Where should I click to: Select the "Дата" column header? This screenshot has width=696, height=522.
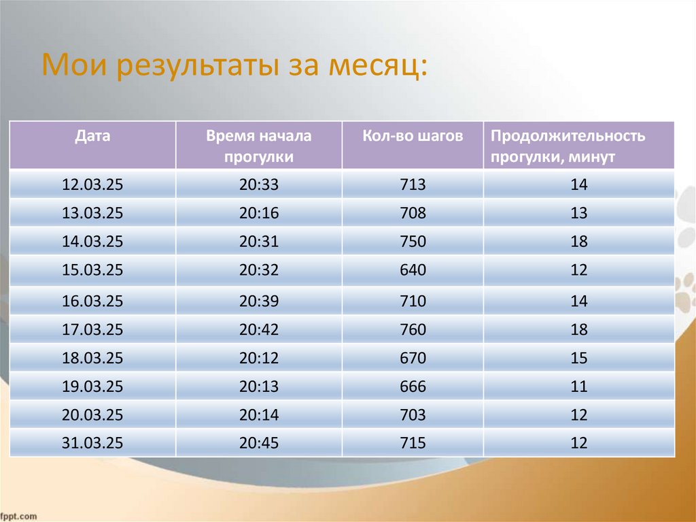pos(92,136)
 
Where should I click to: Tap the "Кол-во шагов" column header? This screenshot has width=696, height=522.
pos(413,136)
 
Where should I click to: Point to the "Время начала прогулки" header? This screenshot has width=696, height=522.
pos(259,146)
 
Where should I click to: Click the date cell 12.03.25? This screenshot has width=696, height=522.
pos(92,184)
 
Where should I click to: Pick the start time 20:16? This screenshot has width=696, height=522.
pos(259,213)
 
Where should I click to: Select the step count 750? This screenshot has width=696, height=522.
pos(413,242)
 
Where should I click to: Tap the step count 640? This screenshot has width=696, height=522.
pos(413,270)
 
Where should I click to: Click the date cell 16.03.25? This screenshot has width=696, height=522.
pos(92,301)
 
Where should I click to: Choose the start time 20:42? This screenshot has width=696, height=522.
pos(259,330)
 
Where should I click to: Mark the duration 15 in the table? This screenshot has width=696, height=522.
pos(578,358)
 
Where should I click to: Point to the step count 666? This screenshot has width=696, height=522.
pos(413,387)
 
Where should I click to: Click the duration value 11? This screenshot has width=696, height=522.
pos(578,387)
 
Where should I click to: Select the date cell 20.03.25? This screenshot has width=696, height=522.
pos(92,415)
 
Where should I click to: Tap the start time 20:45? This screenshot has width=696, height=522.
pos(259,444)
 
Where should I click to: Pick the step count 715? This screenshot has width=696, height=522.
pos(413,444)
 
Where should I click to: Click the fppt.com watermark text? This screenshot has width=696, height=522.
pos(18,517)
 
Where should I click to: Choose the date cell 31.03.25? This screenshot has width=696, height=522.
pos(92,444)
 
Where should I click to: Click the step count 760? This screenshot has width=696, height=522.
pos(413,330)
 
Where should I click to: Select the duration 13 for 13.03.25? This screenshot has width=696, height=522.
pos(578,213)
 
